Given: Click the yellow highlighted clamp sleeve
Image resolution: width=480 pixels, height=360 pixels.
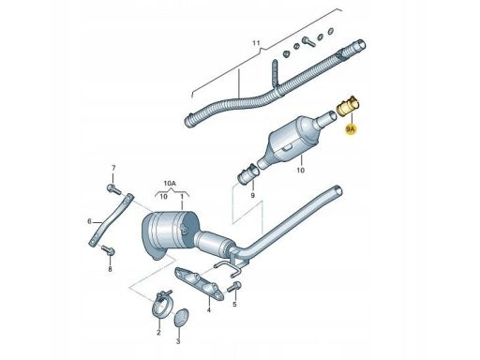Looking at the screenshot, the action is [x=349, y=107].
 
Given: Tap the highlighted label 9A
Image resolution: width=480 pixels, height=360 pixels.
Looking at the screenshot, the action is [x=351, y=128].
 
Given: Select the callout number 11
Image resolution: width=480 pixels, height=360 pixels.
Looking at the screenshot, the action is [x=256, y=43].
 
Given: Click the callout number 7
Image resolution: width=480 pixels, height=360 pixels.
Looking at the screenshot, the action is [x=113, y=168].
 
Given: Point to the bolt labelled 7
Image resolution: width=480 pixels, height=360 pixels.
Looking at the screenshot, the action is [x=113, y=188].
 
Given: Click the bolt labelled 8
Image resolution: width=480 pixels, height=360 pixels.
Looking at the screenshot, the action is [x=108, y=250].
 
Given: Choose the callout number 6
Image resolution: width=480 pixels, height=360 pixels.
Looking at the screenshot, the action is [x=89, y=221].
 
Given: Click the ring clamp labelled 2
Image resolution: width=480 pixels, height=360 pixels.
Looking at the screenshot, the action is [x=160, y=305].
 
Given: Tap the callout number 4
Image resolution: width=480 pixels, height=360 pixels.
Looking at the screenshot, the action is [x=209, y=309].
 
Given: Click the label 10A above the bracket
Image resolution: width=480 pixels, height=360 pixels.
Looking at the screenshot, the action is [x=170, y=184].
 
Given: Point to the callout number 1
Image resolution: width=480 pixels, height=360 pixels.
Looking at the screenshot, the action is [x=182, y=196].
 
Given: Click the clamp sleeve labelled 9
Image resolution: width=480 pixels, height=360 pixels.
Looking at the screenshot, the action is [x=248, y=174].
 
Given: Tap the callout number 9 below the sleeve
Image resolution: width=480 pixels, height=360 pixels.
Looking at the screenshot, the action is [x=252, y=196].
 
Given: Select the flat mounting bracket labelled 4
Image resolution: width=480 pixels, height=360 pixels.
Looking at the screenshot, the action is [x=199, y=282].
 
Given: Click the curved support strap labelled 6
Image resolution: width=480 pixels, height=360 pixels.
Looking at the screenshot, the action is [x=111, y=220].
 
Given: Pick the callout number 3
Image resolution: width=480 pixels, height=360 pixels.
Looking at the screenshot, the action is [x=178, y=341].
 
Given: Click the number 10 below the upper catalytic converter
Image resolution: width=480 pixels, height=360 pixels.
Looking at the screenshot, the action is [x=300, y=171].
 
